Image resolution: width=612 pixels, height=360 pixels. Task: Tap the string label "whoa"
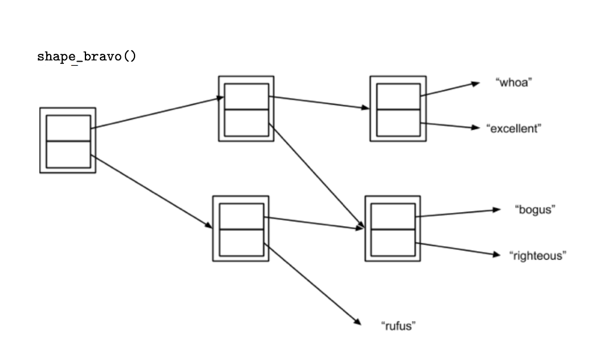pyautogui.click(x=513, y=83)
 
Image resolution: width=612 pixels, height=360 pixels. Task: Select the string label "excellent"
pyautogui.click(x=514, y=129)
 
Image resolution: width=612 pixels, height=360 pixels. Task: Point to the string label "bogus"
pyautogui.click(x=535, y=209)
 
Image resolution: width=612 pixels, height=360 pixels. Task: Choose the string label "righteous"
pyautogui.click(x=537, y=255)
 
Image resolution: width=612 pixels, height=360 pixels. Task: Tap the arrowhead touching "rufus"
pyautogui.click(x=357, y=322)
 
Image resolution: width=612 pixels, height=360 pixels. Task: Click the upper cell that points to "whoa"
pyautogui.click(x=398, y=96)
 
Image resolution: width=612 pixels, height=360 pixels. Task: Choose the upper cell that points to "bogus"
pyautogui.click(x=393, y=215)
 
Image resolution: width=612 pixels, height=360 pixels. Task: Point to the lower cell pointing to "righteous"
pyautogui.click(x=393, y=242)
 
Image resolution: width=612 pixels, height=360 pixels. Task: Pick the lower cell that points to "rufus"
pyautogui.click(x=241, y=242)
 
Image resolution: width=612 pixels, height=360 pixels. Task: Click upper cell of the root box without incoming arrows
pyautogui.click(x=68, y=127)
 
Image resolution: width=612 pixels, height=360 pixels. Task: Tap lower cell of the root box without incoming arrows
pyautogui.click(x=68, y=154)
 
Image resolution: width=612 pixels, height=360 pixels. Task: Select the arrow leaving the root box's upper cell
pyautogui.click(x=155, y=113)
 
